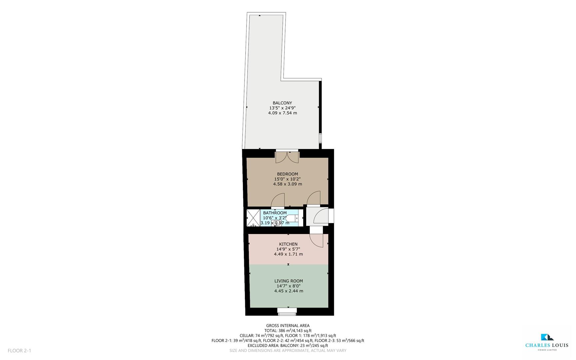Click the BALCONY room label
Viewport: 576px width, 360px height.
pos(282,103)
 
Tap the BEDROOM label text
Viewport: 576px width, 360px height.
pos(288,174)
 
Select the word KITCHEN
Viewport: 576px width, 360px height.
pos(288,244)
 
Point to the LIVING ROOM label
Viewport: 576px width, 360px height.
pos(288,281)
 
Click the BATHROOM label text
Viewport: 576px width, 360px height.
pos(275,213)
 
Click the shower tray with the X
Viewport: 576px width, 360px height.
pos(253,218)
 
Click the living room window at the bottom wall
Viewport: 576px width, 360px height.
pos(287,311)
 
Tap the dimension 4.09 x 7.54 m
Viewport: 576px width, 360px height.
pos(283,113)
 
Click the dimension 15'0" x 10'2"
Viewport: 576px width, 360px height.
pos(288,179)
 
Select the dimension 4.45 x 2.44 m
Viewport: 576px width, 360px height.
pos(288,291)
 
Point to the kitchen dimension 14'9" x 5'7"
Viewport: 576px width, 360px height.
pos(288,249)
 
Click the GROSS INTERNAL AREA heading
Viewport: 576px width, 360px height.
pos(288,326)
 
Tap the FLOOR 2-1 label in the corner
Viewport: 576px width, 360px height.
pos(19,351)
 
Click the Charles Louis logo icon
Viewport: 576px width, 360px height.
pos(547,337)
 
